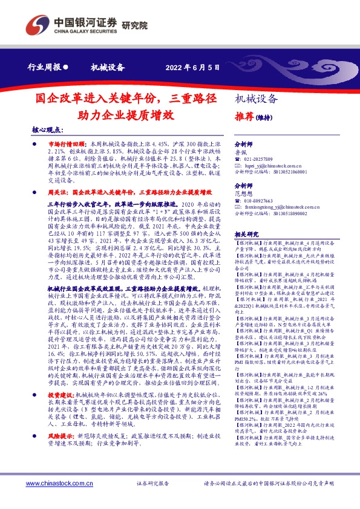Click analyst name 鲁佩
[240, 152]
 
